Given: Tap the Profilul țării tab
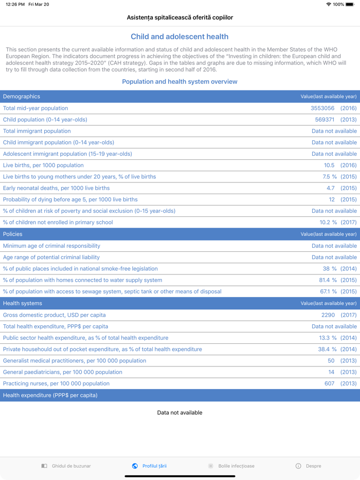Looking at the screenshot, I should click(x=149, y=466).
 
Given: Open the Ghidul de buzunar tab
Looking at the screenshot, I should click(x=66, y=466).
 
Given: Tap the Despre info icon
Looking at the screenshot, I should click(x=298, y=466).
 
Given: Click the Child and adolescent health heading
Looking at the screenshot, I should click(x=179, y=37).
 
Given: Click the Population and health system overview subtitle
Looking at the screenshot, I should click(x=179, y=82).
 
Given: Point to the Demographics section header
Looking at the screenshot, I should click(x=22, y=97).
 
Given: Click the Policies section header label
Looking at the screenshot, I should click(x=13, y=234).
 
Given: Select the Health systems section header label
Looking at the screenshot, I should click(x=23, y=304).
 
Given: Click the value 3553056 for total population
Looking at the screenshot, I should click(x=322, y=108).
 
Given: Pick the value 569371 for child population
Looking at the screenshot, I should click(x=325, y=120).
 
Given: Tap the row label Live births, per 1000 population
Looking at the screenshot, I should click(x=43, y=165).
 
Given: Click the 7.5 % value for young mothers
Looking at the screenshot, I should click(x=330, y=177).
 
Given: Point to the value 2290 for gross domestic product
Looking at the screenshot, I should click(x=328, y=315).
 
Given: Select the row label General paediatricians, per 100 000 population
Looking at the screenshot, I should click(x=63, y=372).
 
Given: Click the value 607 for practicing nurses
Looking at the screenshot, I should click(x=329, y=383).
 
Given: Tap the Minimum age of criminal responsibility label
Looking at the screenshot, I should click(x=51, y=246).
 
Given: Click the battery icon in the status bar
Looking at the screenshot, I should click(x=350, y=4).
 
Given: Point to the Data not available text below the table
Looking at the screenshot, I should click(x=179, y=413).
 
